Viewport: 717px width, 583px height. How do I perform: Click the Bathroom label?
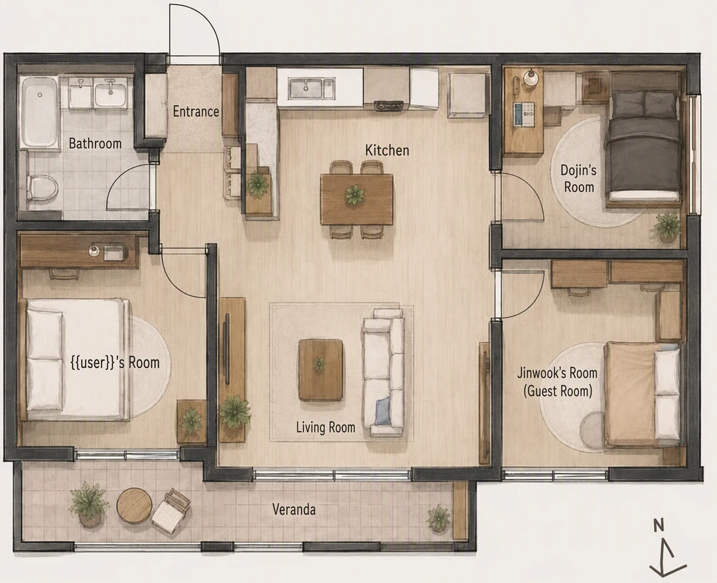pyautogui.click(x=95, y=143)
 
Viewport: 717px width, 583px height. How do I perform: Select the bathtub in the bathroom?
pyautogui.click(x=40, y=112)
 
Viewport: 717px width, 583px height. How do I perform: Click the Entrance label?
pyautogui.click(x=196, y=112)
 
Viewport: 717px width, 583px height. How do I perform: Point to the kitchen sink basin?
pyautogui.click(x=305, y=88)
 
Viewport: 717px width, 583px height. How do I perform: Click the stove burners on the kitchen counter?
pyautogui.click(x=392, y=106)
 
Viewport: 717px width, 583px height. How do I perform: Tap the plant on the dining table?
pyautogui.click(x=355, y=195)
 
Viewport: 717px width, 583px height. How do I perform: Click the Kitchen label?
pyautogui.click(x=387, y=150)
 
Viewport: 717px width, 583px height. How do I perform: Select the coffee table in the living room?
pyautogui.click(x=321, y=370)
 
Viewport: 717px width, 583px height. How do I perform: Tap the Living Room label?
pyautogui.click(x=325, y=428)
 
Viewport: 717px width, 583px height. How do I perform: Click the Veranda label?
pyautogui.click(x=293, y=509)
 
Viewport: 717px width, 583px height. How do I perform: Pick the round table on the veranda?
pyautogui.click(x=134, y=505)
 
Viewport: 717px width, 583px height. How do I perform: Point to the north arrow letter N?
pyautogui.click(x=659, y=526)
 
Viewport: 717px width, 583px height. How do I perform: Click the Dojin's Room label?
pyautogui.click(x=578, y=179)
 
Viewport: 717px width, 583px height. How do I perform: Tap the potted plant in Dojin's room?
pyautogui.click(x=667, y=227)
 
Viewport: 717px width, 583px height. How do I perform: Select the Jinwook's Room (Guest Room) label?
pyautogui.click(x=558, y=382)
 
